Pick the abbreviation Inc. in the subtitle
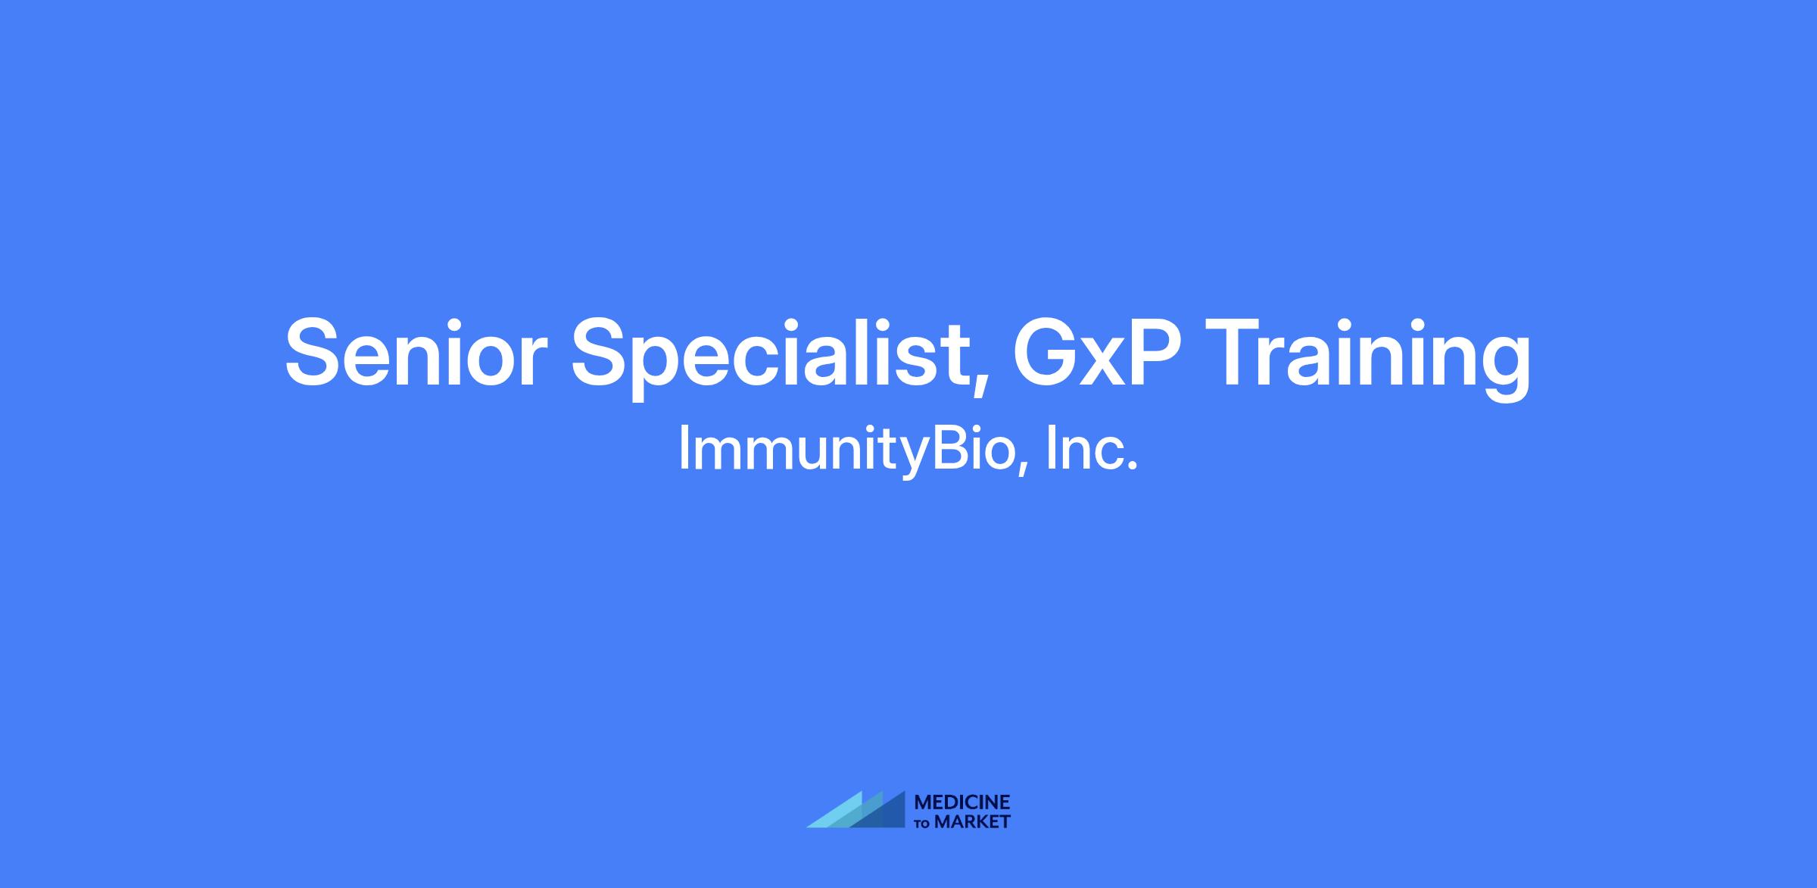[x=1091, y=447]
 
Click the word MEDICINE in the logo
[x=962, y=802]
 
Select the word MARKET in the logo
[x=972, y=822]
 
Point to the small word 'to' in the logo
[x=923, y=824]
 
